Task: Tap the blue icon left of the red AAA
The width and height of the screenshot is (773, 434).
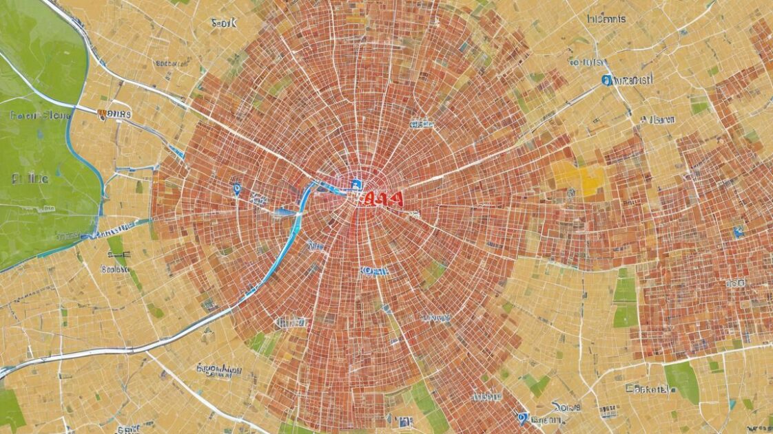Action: pos(356,184)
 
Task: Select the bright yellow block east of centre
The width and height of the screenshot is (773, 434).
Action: pos(578,178)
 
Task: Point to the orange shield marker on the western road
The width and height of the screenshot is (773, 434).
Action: pos(102,114)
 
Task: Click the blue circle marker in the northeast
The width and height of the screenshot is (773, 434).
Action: pos(606,80)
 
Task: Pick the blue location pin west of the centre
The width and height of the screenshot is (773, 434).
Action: pos(236,187)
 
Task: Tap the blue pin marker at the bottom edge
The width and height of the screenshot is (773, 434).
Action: pos(523,417)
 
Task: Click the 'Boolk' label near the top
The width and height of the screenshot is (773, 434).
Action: pos(224,23)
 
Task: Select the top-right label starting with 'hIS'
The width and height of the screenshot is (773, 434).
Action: pos(606,19)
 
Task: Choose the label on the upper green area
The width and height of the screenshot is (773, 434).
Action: pos(40,115)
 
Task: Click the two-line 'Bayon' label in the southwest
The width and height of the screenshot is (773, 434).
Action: pos(219,372)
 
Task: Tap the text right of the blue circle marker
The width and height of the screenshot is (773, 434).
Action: pos(632,80)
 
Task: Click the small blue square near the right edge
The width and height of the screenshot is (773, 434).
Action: pos(738,232)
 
